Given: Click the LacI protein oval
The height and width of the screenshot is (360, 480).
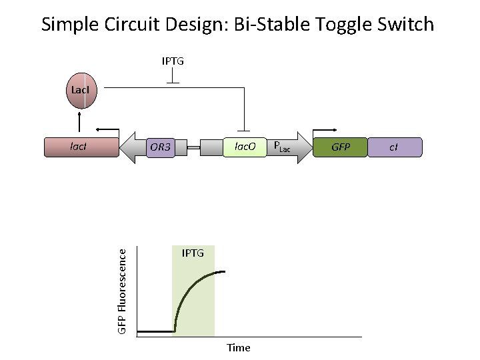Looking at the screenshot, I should [x=82, y=94].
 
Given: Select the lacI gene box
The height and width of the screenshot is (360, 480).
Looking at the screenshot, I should [x=81, y=147].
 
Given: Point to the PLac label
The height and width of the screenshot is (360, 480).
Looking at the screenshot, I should [x=282, y=146].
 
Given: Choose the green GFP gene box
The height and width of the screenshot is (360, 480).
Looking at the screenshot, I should [x=340, y=147].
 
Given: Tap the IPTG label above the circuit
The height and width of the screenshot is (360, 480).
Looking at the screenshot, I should [x=173, y=61].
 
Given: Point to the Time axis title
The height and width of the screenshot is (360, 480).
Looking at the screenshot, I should [x=238, y=347].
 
